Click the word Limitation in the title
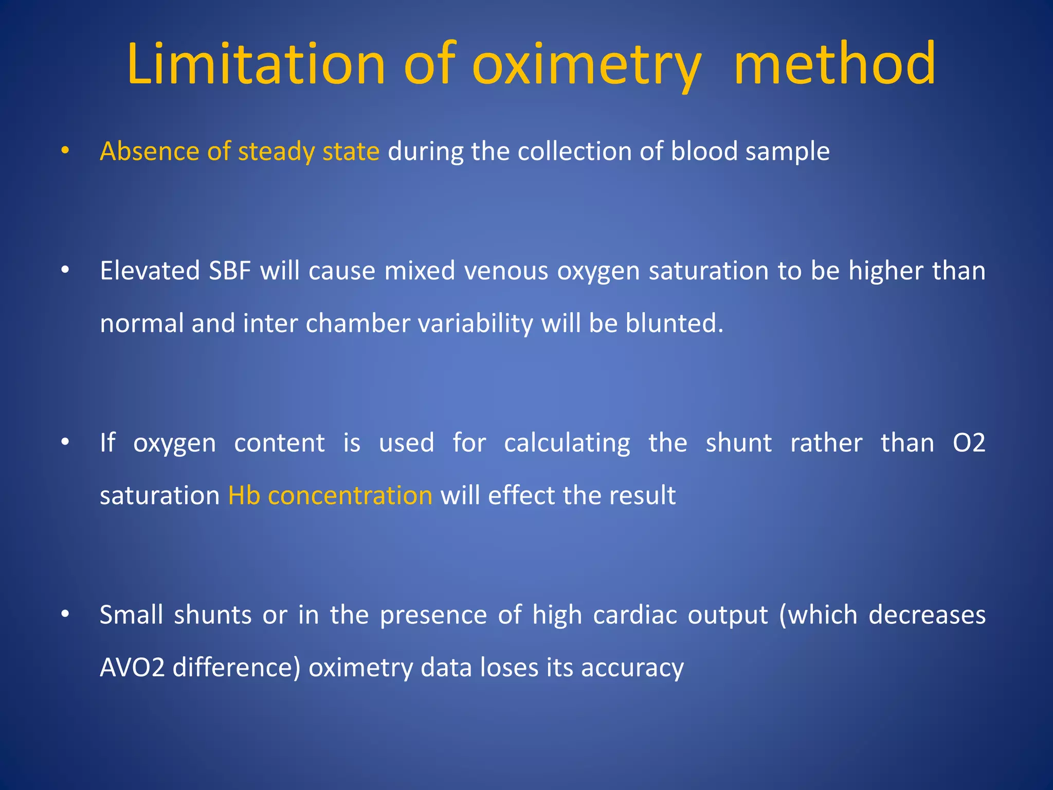tap(256, 64)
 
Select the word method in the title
tap(834, 64)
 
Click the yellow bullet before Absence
tap(65, 151)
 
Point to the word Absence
tap(150, 151)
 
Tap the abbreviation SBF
tap(230, 271)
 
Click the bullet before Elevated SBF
tap(65, 271)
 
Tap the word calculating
tap(567, 443)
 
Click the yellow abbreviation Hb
tap(244, 495)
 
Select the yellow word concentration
tap(350, 495)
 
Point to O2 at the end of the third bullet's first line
tap(968, 443)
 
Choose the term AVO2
tap(132, 668)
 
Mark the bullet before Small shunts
tap(65, 615)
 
